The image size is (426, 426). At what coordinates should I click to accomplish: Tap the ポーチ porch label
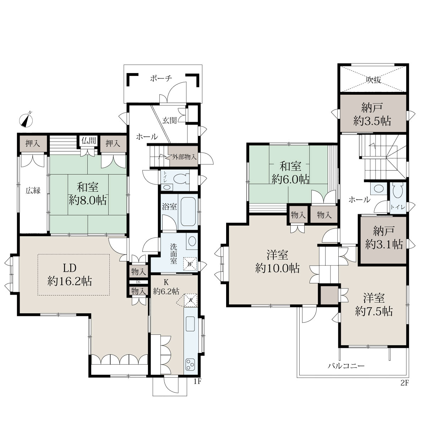pos(161,78)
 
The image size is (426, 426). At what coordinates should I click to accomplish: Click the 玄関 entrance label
pos(170,120)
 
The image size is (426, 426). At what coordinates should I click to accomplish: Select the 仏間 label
pos(89,141)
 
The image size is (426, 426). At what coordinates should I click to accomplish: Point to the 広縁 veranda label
pos(33,191)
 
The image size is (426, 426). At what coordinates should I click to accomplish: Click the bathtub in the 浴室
pos(188,212)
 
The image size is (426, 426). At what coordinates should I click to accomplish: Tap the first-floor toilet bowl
pos(181,179)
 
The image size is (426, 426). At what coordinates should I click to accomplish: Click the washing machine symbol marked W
pos(190,264)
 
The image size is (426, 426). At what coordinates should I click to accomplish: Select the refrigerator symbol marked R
pos(191,300)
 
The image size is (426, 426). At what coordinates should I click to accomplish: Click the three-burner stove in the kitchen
pos(190,365)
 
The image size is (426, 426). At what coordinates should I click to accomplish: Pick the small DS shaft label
pos(138,282)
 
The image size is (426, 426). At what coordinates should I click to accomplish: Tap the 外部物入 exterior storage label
pos(184,157)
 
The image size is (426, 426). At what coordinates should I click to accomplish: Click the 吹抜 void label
pos(373,80)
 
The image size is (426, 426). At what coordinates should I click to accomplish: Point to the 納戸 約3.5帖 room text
pos(372,115)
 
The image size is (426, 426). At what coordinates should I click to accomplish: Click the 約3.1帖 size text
pos(384,245)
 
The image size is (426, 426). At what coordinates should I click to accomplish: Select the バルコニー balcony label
pos(346,366)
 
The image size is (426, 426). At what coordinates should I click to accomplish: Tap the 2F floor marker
pos(404,383)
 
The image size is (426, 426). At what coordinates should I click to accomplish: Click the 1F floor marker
pos(197,382)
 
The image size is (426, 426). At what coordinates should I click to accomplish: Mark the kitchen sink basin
pos(190,324)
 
